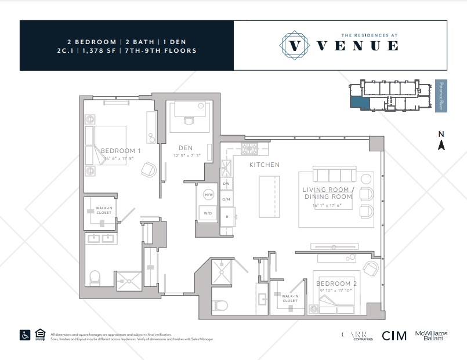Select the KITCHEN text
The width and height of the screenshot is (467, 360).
pyautogui.click(x=264, y=165)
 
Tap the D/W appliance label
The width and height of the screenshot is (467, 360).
pyautogui.click(x=227, y=184)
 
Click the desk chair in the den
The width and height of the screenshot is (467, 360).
pyautogui.click(x=188, y=121)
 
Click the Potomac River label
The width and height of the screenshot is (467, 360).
pyautogui.click(x=441, y=96)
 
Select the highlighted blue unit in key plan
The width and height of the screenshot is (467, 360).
pyautogui.click(x=358, y=103)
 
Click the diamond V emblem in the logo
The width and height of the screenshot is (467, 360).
pyautogui.click(x=295, y=45)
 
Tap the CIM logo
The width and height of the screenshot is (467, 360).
pyautogui.click(x=393, y=336)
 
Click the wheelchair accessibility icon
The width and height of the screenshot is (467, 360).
pyautogui.click(x=26, y=334)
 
